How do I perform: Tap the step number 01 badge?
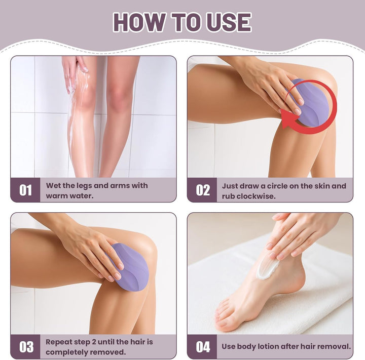pyautogui.click(x=26, y=190)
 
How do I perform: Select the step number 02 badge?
pyautogui.click(x=202, y=190)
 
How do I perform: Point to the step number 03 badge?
pyautogui.click(x=26, y=347)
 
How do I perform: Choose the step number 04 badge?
pyautogui.click(x=202, y=347)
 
